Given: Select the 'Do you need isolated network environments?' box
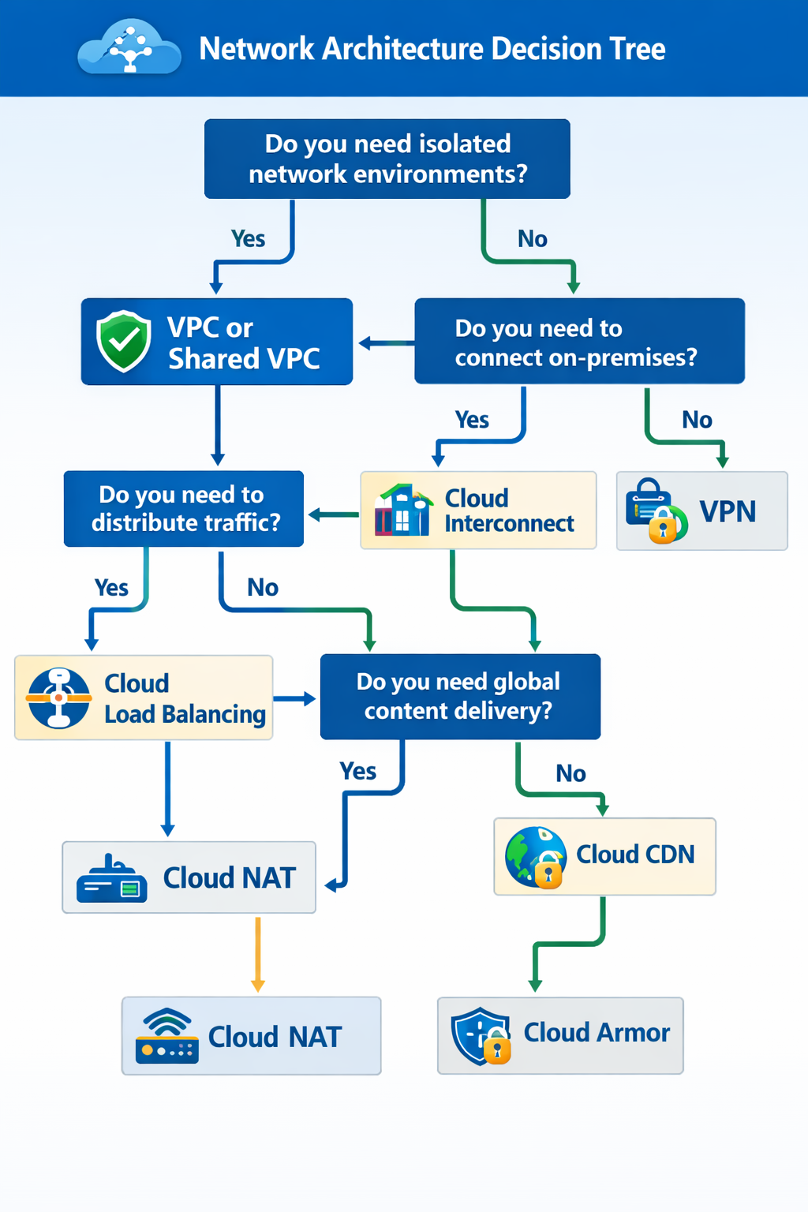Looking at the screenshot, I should click(x=387, y=159).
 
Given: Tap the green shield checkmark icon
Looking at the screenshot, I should click(x=124, y=341).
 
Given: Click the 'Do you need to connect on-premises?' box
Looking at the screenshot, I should click(x=579, y=342).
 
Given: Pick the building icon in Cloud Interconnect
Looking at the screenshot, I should click(x=402, y=511).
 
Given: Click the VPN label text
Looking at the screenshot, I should click(x=728, y=511).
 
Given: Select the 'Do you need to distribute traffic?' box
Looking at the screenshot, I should click(x=184, y=509).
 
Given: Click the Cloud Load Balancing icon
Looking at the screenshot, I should click(x=58, y=698).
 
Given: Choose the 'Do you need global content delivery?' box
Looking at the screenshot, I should click(x=460, y=696).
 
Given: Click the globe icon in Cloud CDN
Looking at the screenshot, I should click(x=536, y=857).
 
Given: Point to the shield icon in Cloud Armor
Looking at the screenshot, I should click(x=480, y=1035).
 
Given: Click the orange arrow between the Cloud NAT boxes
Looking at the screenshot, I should click(x=257, y=955).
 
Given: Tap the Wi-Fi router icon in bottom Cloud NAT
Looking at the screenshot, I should click(x=166, y=1036).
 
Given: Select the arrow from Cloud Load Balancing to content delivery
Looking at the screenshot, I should click(x=296, y=698).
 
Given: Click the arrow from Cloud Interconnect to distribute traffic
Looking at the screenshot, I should click(x=333, y=515).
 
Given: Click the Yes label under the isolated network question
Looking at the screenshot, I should click(x=248, y=239).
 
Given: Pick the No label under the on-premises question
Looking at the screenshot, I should click(x=697, y=420).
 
